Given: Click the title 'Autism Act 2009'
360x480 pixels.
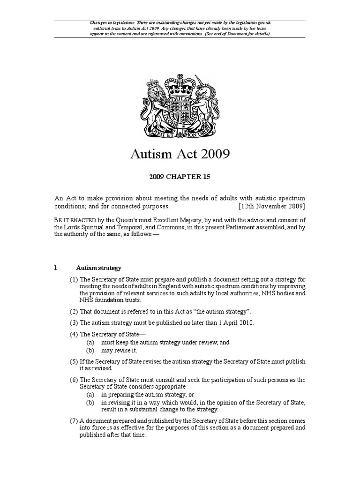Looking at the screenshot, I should [x=180, y=154].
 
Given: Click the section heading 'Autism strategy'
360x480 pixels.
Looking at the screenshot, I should [x=99, y=268].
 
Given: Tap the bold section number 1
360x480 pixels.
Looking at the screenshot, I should [x=55, y=268].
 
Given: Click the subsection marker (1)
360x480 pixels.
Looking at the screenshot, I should [x=74, y=280].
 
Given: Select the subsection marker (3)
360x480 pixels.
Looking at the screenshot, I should [x=74, y=322].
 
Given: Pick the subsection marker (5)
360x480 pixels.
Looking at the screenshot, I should [x=74, y=362].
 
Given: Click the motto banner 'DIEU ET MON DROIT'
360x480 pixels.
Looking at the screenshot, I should [x=180, y=133].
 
